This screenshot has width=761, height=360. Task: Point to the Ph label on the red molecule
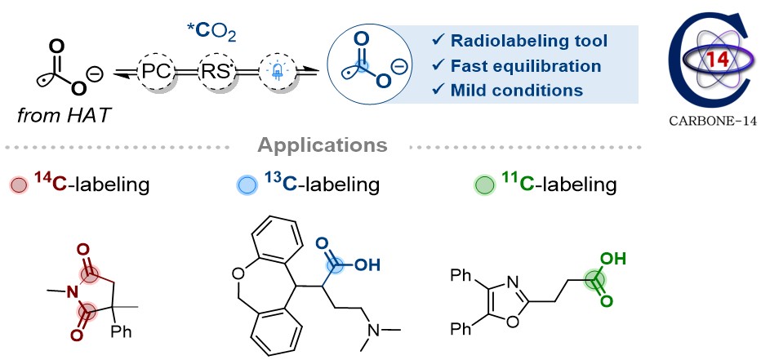coord(122,334)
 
